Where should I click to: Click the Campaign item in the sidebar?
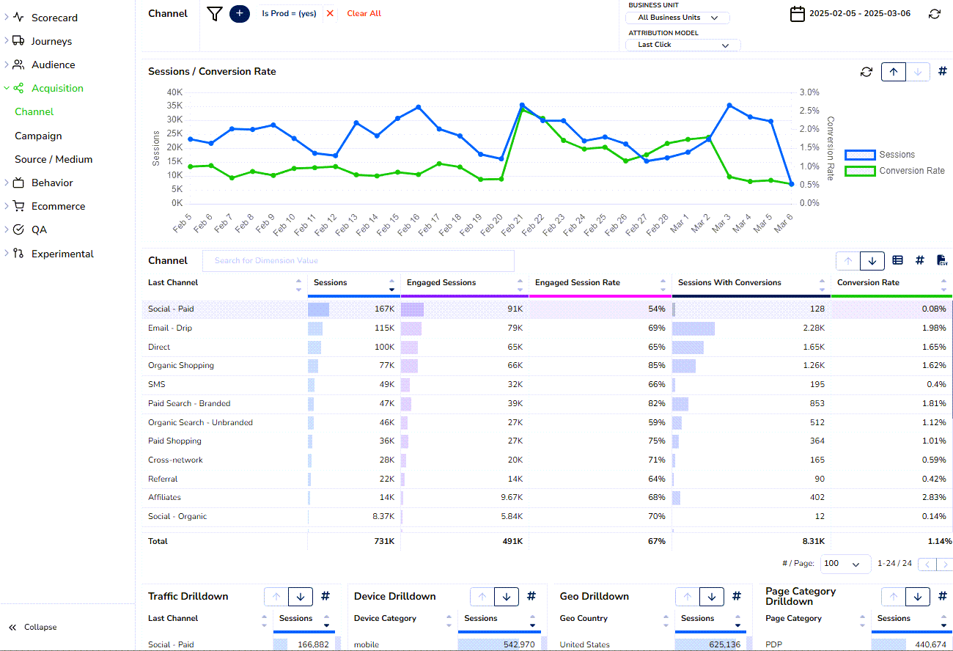tap(38, 136)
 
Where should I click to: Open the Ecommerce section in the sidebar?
tap(58, 206)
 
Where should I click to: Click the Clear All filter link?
tap(364, 13)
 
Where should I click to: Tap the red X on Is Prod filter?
tap(330, 13)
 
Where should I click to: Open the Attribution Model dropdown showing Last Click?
tap(682, 45)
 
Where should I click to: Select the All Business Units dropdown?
tap(677, 18)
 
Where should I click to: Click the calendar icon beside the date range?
tap(797, 14)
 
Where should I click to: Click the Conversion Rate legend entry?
tap(911, 171)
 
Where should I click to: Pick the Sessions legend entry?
tap(897, 155)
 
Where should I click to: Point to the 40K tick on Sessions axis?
tap(174, 92)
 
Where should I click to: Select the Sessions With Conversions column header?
tap(729, 283)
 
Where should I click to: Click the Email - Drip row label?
tap(170, 328)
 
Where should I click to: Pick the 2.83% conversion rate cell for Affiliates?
tap(934, 497)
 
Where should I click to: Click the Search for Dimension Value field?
tap(358, 261)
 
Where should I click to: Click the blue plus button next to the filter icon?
tap(240, 13)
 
